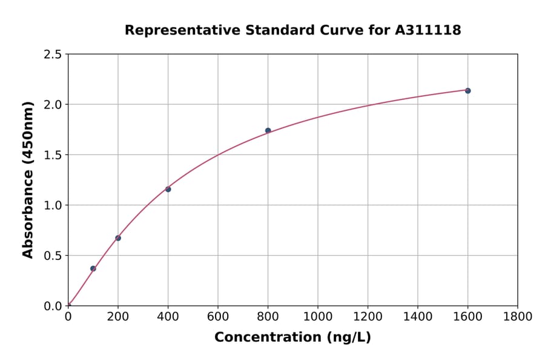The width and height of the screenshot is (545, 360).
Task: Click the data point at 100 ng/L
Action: click(93, 268)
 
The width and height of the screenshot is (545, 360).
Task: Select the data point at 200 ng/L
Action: click(118, 238)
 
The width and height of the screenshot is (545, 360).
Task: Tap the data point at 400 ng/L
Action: click(168, 189)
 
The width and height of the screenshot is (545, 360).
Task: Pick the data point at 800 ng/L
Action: click(268, 130)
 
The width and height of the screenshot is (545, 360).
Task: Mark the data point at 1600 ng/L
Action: click(467, 91)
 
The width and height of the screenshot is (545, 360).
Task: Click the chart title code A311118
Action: click(428, 30)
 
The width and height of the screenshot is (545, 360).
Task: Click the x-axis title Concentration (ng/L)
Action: click(292, 338)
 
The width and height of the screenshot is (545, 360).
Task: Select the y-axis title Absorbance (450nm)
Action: click(28, 179)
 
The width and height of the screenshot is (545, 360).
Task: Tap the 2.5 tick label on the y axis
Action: click(53, 55)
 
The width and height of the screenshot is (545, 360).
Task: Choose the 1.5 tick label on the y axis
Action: click(53, 155)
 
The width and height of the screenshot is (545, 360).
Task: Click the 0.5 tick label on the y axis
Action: click(53, 256)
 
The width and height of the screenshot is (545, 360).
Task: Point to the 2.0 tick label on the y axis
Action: click(53, 105)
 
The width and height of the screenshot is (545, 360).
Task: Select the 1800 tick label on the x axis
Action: click(517, 317)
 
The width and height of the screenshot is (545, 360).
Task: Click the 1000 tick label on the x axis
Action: click(318, 317)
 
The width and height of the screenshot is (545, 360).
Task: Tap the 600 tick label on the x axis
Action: click(218, 317)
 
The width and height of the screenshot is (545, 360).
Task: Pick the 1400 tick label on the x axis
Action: click(418, 317)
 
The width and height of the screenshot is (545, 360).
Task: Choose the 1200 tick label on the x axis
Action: click(368, 317)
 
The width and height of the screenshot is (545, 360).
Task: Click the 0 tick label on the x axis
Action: click(68, 317)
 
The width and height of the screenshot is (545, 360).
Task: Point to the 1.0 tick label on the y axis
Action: click(53, 205)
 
